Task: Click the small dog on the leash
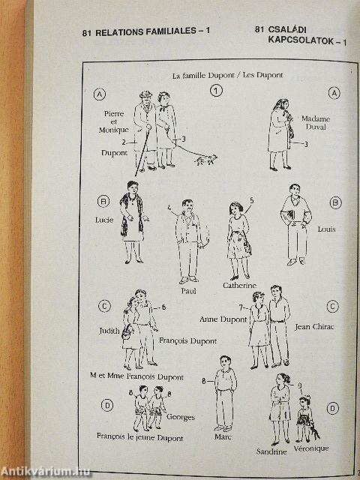[206, 160]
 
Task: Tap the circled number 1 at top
[216, 91]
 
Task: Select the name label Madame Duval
[316, 122]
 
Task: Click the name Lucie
[104, 220]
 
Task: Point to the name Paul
[188, 291]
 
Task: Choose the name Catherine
[239, 285]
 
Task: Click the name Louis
[326, 229]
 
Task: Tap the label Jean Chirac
[314, 327]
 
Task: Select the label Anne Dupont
[223, 319]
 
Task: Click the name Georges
[181, 417]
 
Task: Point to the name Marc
[223, 436]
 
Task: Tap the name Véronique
[311, 448]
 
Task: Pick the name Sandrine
[271, 451]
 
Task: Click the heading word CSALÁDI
[287, 30]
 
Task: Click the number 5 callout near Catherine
[252, 200]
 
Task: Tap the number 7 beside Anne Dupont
[241, 307]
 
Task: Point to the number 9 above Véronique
[300, 385]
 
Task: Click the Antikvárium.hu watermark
[46, 472]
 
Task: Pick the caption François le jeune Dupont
[139, 436]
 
